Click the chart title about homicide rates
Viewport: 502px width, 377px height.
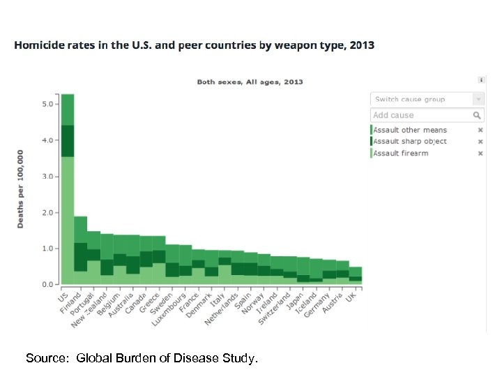(x=194, y=45)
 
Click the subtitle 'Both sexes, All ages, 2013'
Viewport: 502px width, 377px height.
(x=250, y=82)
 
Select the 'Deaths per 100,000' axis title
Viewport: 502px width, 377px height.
(x=20, y=188)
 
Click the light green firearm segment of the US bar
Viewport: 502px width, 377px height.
(x=68, y=220)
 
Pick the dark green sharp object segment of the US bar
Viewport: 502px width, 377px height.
(x=68, y=141)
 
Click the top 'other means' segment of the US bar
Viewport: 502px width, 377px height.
(x=68, y=110)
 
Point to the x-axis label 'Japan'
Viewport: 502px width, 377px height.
(x=298, y=301)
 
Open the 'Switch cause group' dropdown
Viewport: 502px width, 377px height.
(x=427, y=99)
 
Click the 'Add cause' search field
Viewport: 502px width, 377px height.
(x=422, y=115)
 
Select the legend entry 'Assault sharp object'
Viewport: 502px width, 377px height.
(x=410, y=141)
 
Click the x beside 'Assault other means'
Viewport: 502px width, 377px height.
(x=480, y=130)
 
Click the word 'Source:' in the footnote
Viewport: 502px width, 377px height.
(x=47, y=359)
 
